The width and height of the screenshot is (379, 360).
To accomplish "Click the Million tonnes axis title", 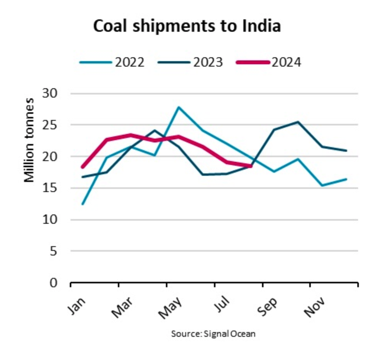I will click(29, 141).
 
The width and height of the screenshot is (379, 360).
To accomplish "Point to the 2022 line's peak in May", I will click(178, 107).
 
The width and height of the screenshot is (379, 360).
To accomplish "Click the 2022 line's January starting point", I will click(83, 204).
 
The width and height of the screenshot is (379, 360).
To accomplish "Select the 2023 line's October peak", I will click(298, 122).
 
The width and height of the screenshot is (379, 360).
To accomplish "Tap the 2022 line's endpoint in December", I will click(346, 179).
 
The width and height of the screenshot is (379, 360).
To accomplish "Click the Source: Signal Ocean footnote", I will click(213, 334).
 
